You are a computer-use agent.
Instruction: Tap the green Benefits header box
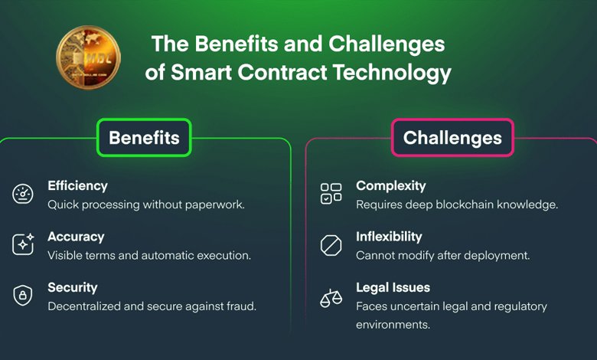click(144, 138)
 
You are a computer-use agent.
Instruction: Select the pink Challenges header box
click(452, 138)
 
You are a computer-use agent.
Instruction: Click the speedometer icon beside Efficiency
click(23, 194)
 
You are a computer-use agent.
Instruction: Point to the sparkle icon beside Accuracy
click(23, 244)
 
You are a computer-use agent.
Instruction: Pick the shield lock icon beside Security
click(23, 296)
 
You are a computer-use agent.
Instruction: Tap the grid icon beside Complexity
click(331, 194)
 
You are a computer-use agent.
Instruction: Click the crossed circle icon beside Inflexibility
click(331, 245)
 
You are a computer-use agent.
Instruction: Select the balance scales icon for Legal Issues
click(331, 297)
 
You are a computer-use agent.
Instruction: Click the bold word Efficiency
click(77, 186)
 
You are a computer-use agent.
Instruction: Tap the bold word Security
click(73, 288)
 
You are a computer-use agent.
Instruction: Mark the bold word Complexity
click(391, 186)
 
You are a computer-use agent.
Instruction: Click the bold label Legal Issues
click(393, 288)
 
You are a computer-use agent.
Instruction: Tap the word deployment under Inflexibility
click(501, 255)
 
